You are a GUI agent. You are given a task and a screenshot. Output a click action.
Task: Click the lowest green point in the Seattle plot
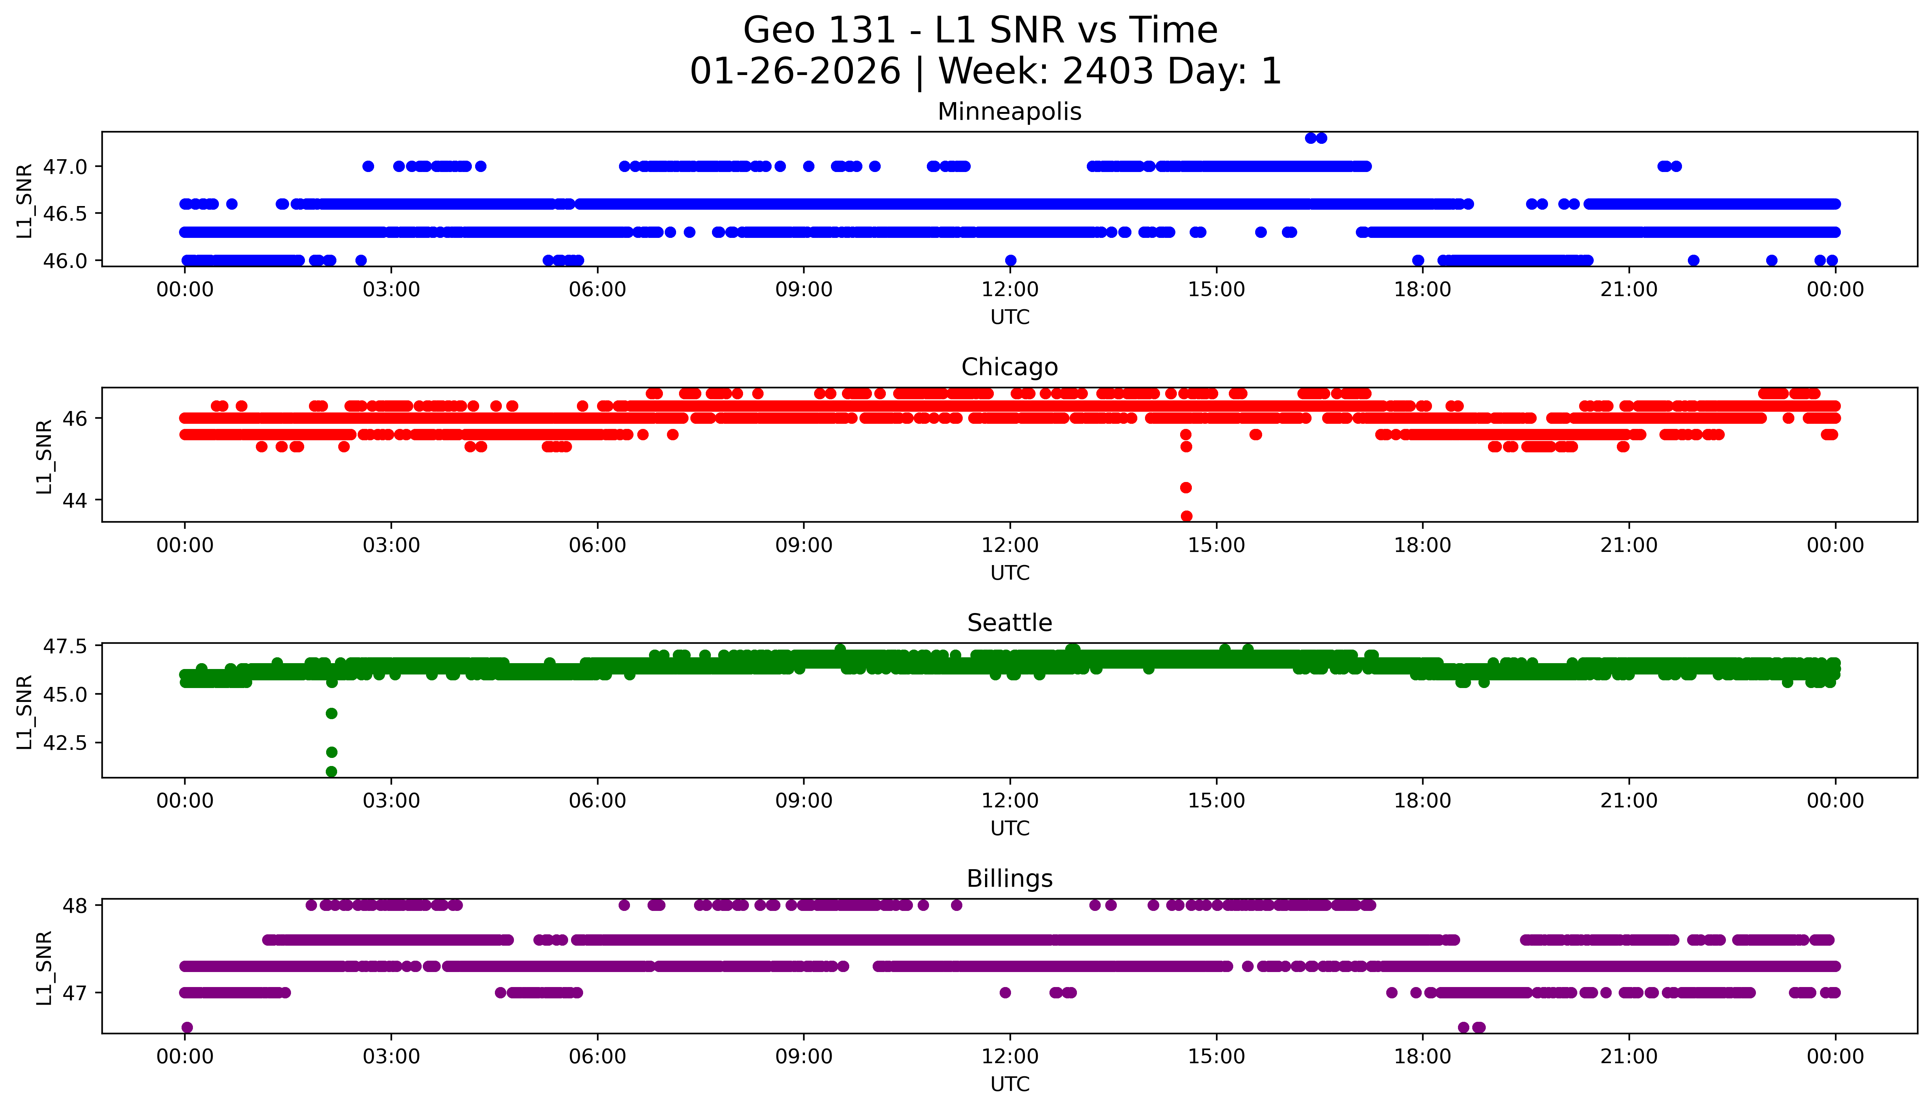point(331,771)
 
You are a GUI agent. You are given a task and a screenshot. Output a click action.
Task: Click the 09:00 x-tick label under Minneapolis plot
point(803,290)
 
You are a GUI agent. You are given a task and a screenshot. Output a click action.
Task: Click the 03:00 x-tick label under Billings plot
point(391,1057)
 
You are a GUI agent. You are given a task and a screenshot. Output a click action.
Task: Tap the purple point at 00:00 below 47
point(187,1027)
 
